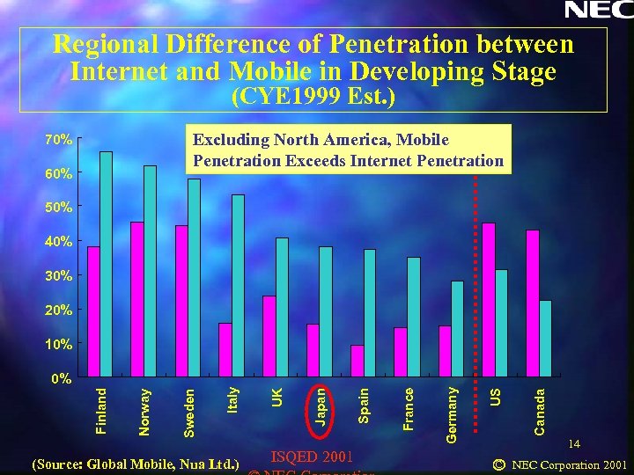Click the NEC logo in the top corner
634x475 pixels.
(x=597, y=11)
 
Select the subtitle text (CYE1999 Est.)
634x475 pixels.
(x=313, y=96)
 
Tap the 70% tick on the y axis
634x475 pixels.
(x=59, y=139)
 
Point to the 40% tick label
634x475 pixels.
(x=59, y=241)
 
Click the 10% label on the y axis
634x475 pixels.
(x=59, y=343)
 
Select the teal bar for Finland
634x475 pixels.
(x=107, y=264)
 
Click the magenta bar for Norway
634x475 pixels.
(x=137, y=299)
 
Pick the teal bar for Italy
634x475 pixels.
(x=238, y=286)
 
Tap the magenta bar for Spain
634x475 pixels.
(x=357, y=361)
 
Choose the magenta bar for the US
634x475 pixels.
(x=489, y=299)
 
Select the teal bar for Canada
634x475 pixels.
(x=545, y=339)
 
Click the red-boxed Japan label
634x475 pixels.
(x=322, y=406)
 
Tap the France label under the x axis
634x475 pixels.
(x=409, y=406)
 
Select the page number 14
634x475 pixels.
(x=574, y=445)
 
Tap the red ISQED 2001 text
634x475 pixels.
(x=312, y=456)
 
